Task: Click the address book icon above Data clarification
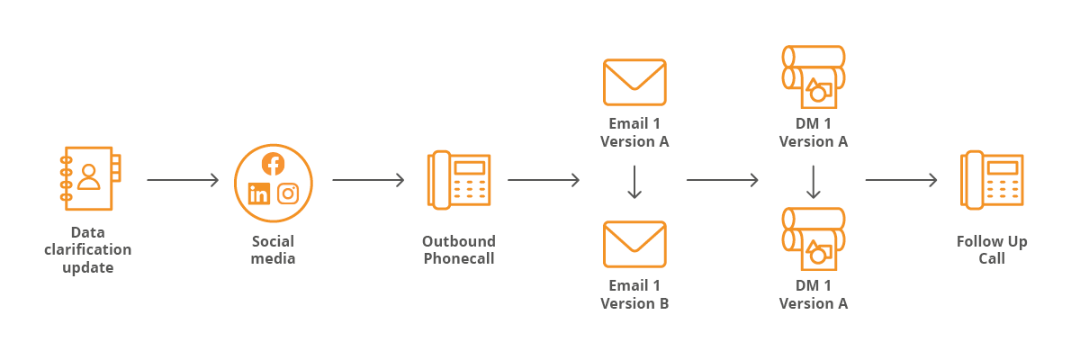click(90, 178)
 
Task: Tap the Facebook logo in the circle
click(273, 164)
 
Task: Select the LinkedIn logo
click(259, 193)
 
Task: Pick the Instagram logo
click(288, 193)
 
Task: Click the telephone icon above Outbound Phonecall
click(459, 180)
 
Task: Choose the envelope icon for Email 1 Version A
click(634, 82)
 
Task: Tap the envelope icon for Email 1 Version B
click(634, 244)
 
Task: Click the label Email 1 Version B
click(634, 294)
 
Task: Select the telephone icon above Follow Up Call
click(992, 180)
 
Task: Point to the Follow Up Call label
click(992, 249)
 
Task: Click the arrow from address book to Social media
click(183, 180)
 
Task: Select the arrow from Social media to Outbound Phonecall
click(368, 180)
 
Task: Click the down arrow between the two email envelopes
click(634, 182)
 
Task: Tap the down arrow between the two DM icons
click(814, 182)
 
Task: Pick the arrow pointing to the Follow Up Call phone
click(901, 180)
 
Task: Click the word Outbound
click(459, 241)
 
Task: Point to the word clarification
click(88, 249)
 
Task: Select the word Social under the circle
click(273, 241)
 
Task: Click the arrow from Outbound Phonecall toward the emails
click(544, 180)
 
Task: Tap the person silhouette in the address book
click(89, 177)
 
